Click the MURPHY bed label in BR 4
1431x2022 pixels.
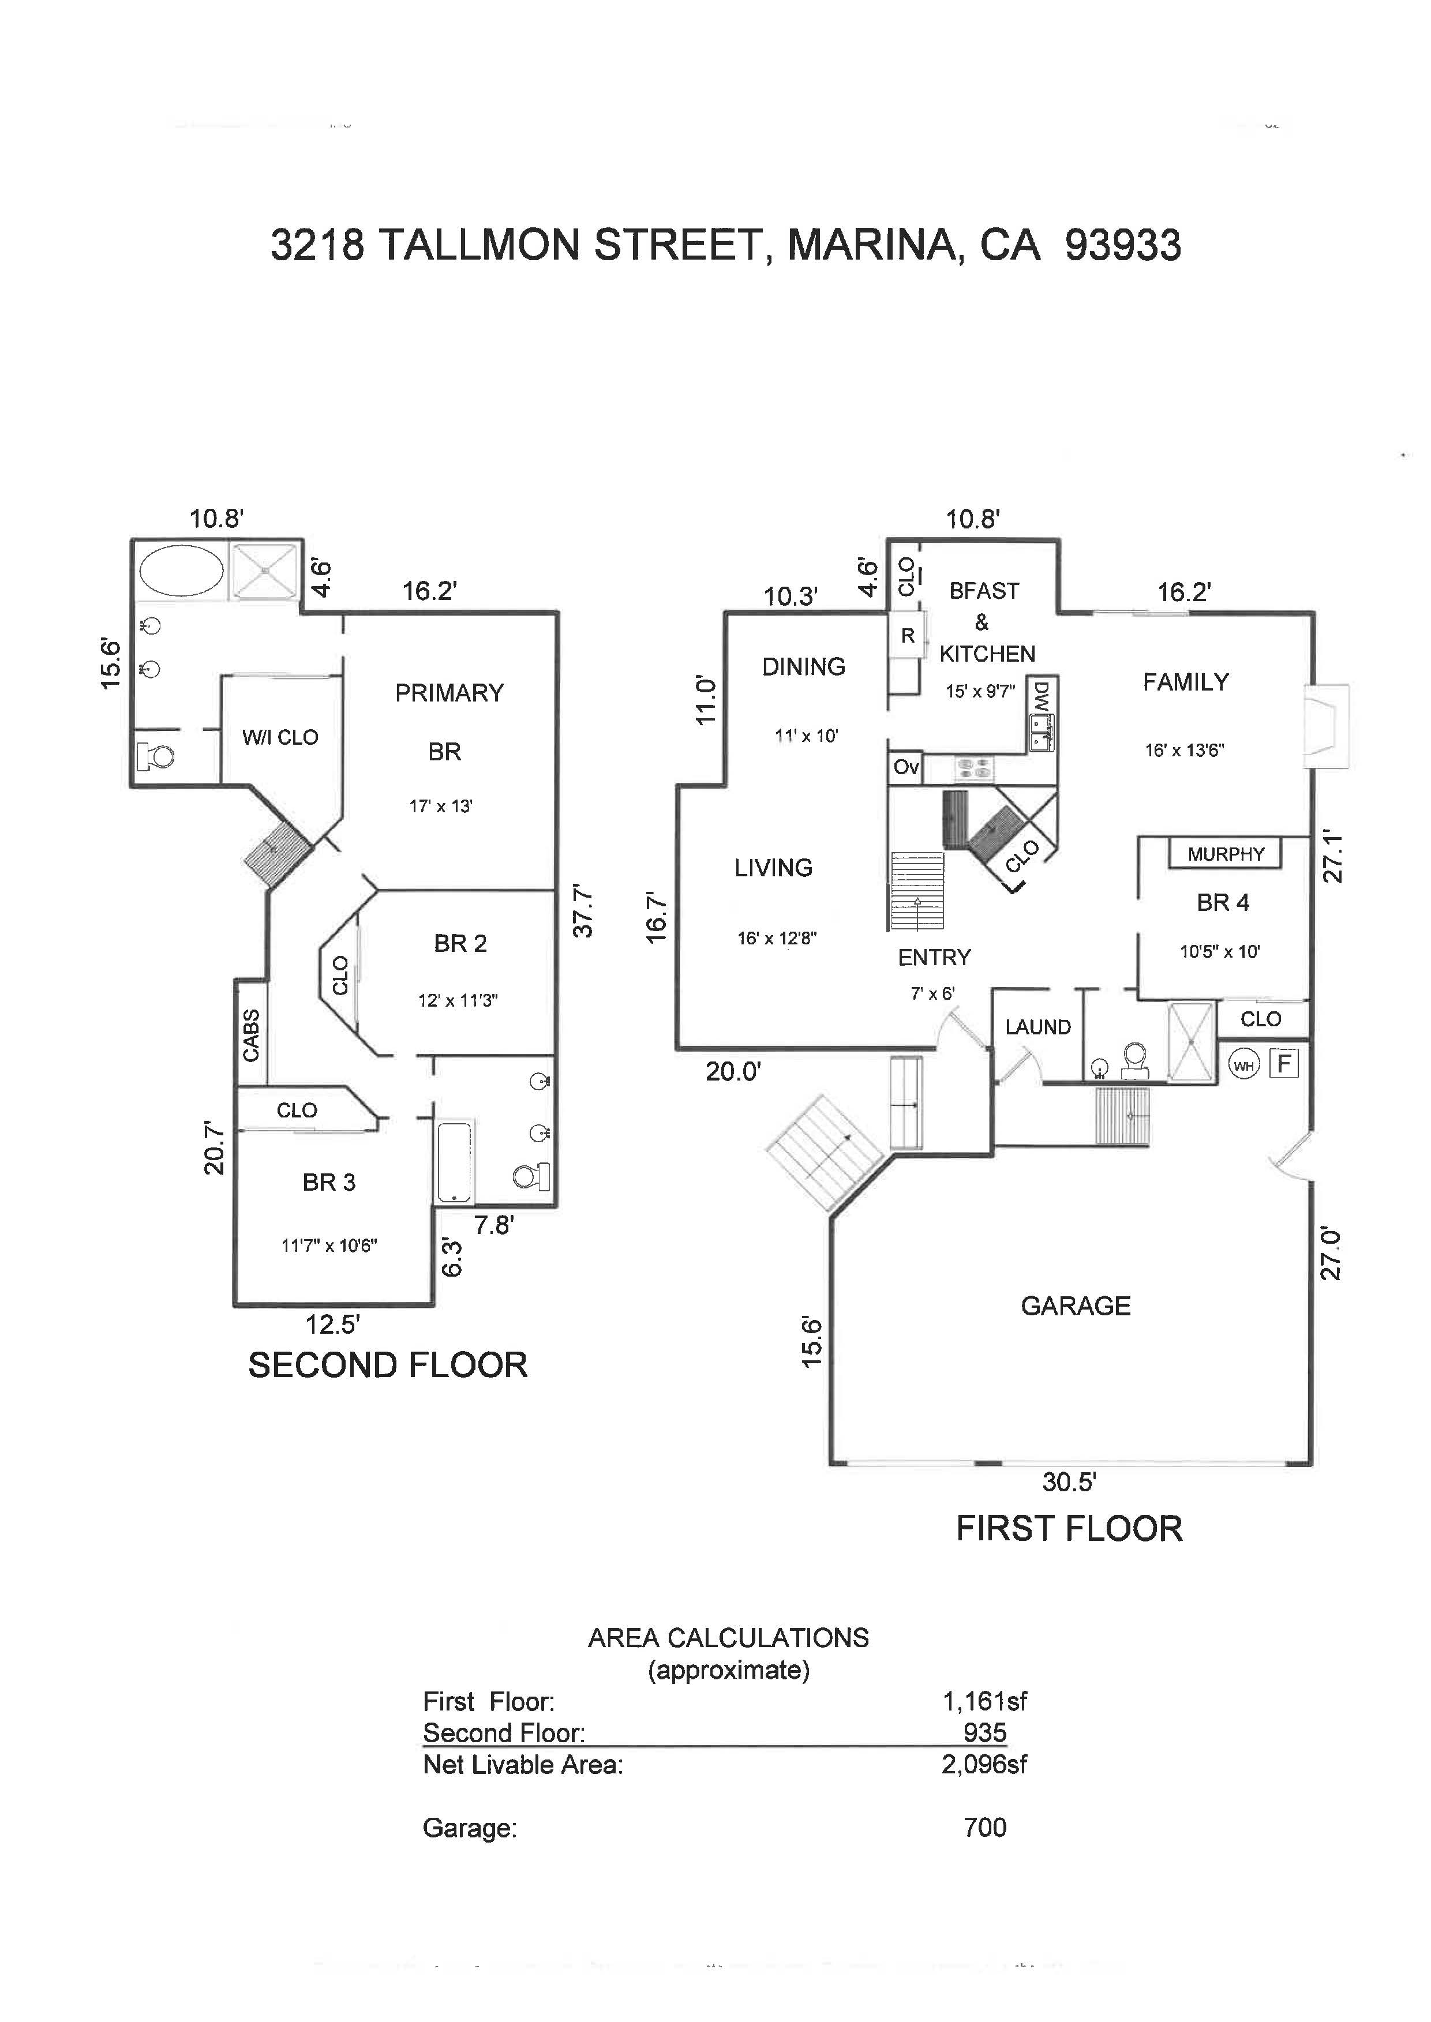[1225, 854]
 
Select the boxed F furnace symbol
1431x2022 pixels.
[1284, 1063]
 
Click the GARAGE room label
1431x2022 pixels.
[1075, 1306]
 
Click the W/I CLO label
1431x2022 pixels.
[280, 737]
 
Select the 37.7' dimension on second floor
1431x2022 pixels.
[582, 910]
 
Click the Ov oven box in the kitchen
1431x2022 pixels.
[906, 767]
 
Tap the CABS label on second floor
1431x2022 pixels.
[251, 1035]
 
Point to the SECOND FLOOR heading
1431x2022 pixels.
[388, 1365]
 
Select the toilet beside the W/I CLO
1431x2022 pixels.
[159, 755]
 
